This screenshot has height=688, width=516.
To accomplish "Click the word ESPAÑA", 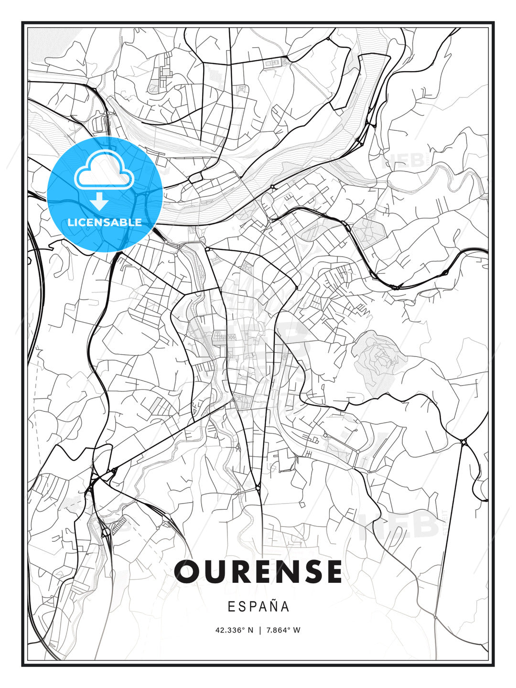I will coord(258,606).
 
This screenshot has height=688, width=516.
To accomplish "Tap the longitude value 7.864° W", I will coord(283,630).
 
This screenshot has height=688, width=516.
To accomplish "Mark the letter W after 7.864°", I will coord(297,630).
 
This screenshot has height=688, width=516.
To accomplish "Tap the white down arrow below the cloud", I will coord(99,201).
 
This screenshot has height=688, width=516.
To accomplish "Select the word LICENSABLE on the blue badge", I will coord(105,222).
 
